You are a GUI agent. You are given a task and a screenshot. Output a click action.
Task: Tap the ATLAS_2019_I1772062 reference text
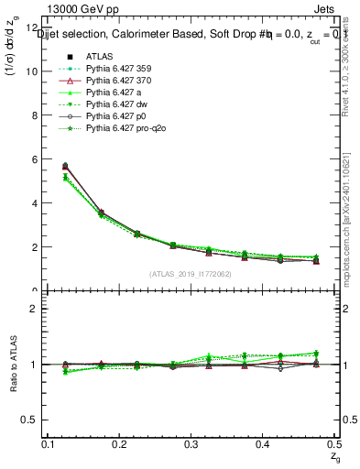(x=191, y=274)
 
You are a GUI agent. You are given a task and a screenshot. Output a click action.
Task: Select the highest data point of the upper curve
(x=64, y=166)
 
